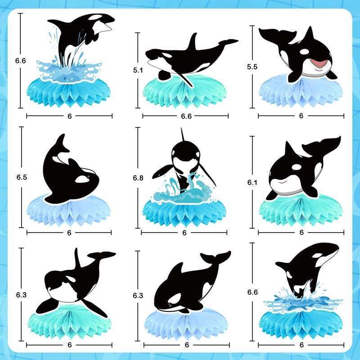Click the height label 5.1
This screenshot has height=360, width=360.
138,70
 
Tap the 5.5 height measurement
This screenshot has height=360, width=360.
252,67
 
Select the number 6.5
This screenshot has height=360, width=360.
22,177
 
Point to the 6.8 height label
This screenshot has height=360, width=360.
138,178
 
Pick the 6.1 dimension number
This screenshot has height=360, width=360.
252,183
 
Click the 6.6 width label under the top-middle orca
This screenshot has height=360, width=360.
186,117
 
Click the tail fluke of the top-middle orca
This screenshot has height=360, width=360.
228,42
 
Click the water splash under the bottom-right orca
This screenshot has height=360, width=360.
302,300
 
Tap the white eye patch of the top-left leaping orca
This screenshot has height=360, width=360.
95,17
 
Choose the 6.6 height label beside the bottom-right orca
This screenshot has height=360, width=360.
252,292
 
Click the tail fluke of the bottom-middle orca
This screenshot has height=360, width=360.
216,257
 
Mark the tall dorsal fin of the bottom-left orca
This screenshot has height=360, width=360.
77,258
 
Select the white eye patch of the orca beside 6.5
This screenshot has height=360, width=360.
82,179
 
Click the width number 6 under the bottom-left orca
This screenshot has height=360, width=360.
70,345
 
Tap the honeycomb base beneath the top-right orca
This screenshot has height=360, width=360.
301,92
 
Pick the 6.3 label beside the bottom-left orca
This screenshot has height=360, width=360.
21,295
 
